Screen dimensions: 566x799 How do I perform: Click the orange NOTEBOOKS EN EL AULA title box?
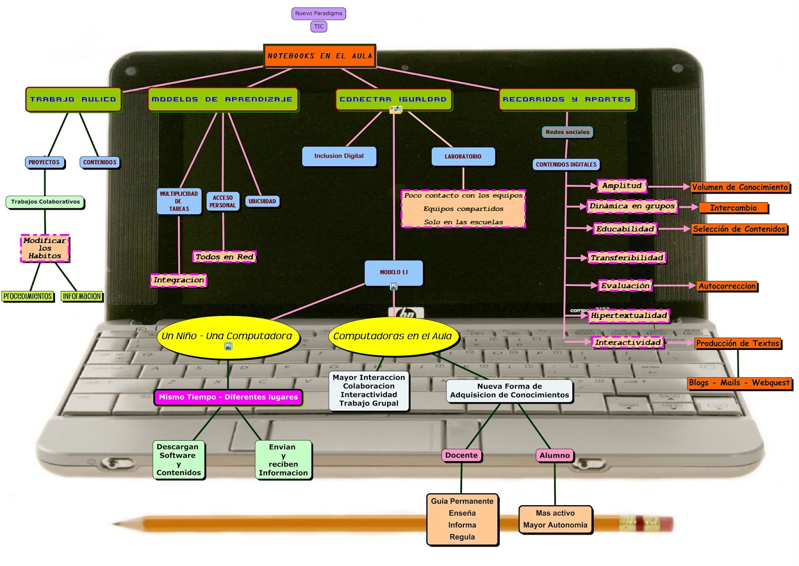(320, 55)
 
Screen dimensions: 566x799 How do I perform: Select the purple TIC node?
(319, 26)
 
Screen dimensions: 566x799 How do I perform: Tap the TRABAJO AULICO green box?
(73, 99)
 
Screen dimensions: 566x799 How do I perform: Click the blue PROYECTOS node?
(44, 162)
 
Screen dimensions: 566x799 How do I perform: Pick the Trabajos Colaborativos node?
(45, 202)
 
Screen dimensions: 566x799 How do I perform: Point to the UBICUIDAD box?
(262, 201)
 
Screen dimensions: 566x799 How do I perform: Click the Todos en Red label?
(224, 257)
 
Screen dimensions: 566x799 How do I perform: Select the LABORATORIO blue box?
(463, 156)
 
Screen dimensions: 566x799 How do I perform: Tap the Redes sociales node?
(567, 132)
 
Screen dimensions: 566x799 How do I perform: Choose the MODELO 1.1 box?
(394, 272)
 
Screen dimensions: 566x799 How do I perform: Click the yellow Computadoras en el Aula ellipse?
(393, 336)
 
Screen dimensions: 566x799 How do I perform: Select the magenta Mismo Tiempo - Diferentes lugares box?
(228, 397)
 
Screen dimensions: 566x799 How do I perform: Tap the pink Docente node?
(461, 455)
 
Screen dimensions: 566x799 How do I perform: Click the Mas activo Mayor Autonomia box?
(555, 519)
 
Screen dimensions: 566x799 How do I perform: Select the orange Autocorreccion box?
(727, 286)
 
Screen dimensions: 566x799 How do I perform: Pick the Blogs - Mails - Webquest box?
(739, 383)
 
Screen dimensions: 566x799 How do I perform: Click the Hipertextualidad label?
(629, 315)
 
